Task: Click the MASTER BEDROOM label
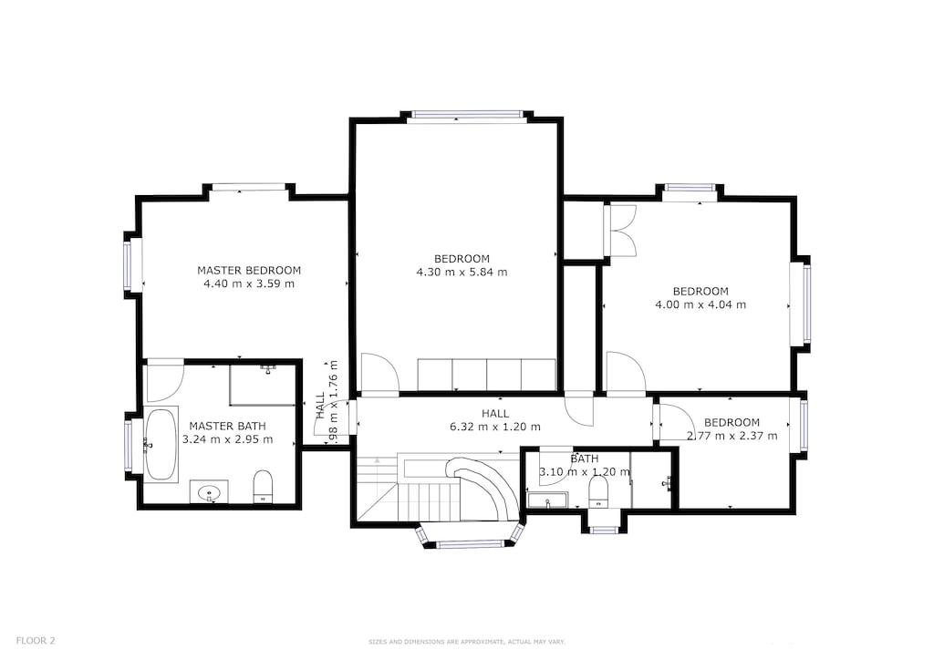[x=249, y=270]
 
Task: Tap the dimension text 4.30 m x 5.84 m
[x=462, y=272]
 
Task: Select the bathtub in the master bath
[x=161, y=444]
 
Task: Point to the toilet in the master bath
[x=263, y=486]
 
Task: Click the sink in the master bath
[x=211, y=493]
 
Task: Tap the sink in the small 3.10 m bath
[x=547, y=500]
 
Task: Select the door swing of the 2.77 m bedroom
[x=677, y=422]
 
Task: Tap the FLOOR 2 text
[x=36, y=641]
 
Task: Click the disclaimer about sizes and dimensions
[x=466, y=642]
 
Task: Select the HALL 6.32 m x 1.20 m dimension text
[x=495, y=427]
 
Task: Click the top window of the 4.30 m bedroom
[x=467, y=115]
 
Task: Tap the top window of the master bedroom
[x=249, y=188]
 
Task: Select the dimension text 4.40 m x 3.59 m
[x=249, y=284]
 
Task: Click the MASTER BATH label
[x=227, y=426]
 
